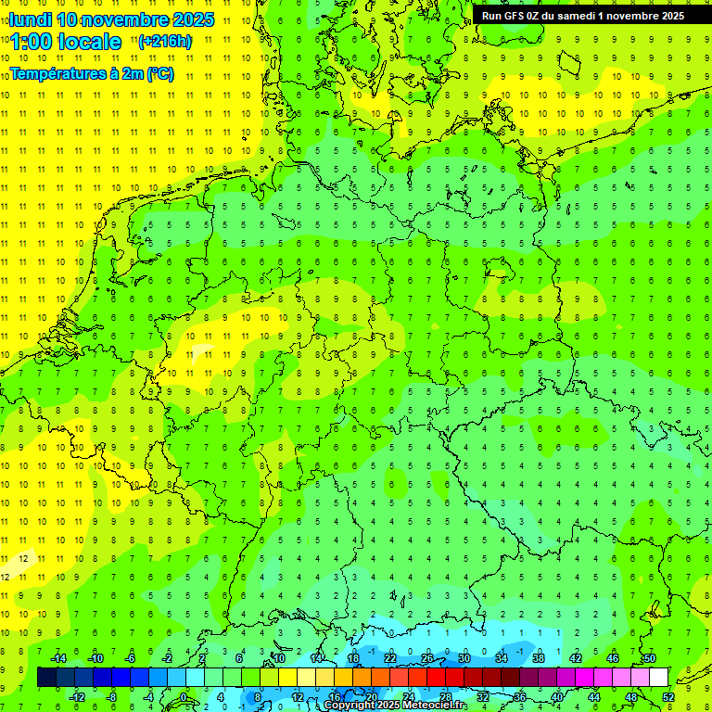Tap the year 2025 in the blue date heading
pos(189,19)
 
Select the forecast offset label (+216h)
pos(165,41)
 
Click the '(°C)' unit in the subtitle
pos(159,74)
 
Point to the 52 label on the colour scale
pos(668,697)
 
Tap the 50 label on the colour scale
pos(649,658)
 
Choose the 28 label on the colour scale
pos(445,697)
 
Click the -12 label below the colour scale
pos(77,697)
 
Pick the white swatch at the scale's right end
pos(658,678)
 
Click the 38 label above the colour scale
pos(538,658)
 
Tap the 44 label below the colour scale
pos(594,697)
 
